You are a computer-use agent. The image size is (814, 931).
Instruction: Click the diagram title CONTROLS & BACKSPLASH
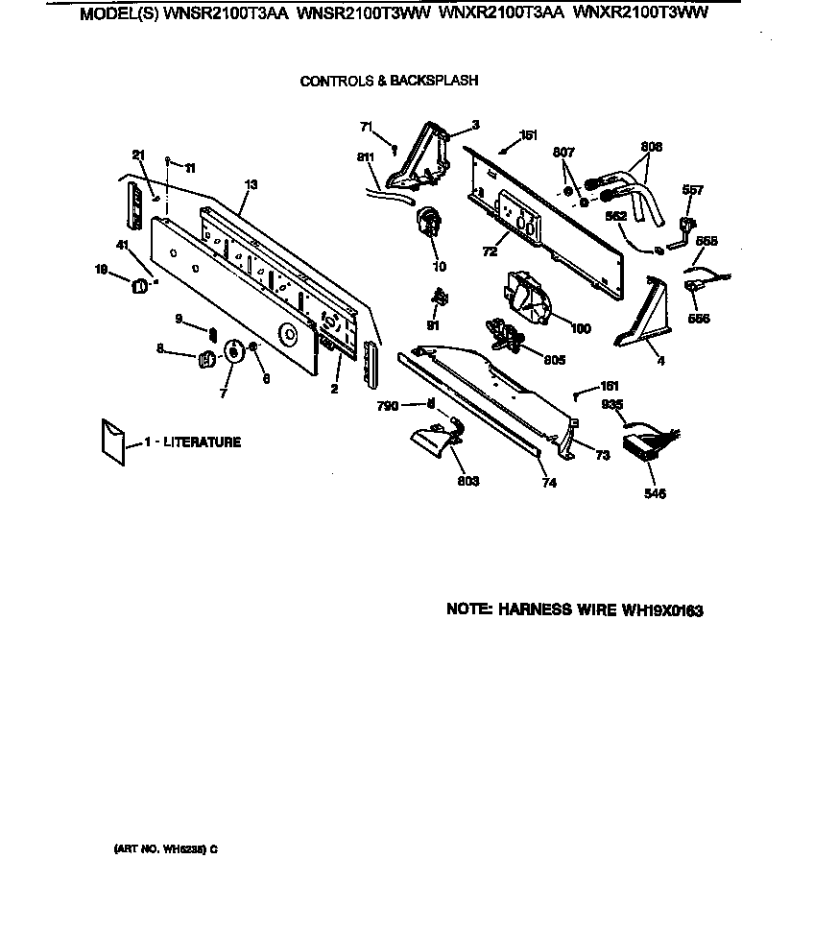[x=389, y=81]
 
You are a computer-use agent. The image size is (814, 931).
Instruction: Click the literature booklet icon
[x=112, y=441]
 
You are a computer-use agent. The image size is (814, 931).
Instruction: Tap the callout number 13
[x=251, y=183]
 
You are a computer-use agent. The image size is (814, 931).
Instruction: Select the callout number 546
[x=655, y=493]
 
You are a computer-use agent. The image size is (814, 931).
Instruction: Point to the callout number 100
[x=582, y=328]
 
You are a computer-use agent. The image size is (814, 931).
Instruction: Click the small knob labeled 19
[x=139, y=285]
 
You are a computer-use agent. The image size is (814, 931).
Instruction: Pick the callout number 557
[x=693, y=190]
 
